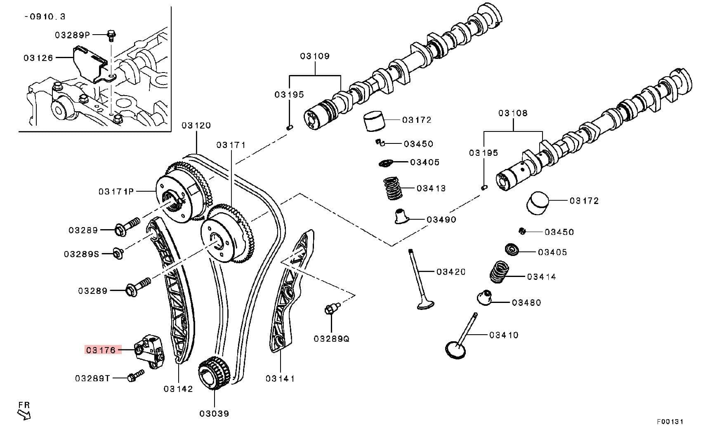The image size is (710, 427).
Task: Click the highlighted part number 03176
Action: coord(101,350)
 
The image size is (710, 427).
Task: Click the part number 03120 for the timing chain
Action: coord(196,125)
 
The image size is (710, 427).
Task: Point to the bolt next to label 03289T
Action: coord(136,375)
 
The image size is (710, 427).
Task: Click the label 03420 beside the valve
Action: coord(451,272)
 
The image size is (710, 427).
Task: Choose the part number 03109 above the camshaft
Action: coord(315,56)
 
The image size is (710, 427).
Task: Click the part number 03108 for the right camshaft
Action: coord(513,113)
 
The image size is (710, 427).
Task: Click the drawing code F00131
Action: coord(670,421)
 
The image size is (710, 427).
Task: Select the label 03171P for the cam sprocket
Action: coord(116,192)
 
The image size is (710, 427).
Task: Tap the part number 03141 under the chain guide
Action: coord(280,378)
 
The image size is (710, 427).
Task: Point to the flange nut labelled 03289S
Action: coord(118,253)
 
